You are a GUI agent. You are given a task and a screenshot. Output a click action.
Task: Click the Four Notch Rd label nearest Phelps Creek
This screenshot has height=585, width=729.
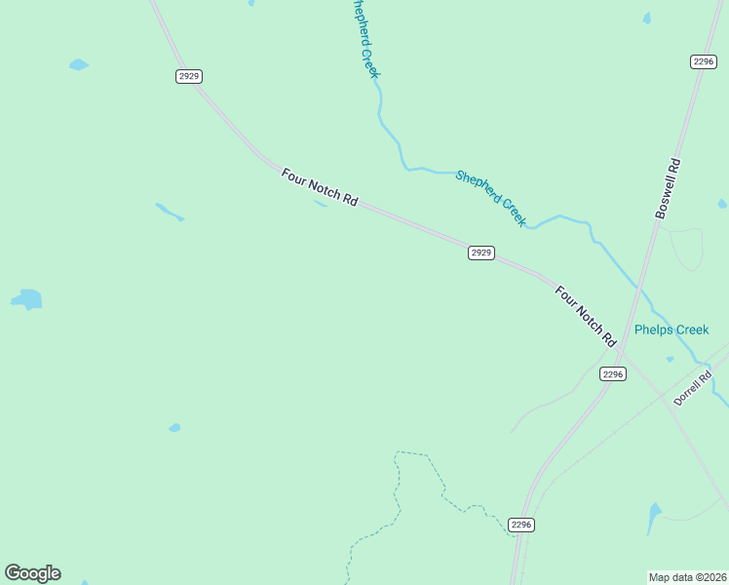pos(586,317)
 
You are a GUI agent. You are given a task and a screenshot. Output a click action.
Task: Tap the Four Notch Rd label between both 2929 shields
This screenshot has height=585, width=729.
pos(320,186)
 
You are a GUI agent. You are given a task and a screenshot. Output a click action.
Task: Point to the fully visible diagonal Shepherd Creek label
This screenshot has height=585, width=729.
pos(491,198)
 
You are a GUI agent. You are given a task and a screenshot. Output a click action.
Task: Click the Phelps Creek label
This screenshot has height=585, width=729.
pos(671,330)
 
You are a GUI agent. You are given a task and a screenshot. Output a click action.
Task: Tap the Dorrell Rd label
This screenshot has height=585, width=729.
pos(693,388)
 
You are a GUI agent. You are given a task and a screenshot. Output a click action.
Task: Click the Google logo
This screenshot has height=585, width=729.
pos(32,573)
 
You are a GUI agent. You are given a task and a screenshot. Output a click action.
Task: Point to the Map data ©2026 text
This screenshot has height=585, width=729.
pos(687,576)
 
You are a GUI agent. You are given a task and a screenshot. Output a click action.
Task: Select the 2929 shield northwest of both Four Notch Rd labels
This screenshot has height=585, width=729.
pos(189,76)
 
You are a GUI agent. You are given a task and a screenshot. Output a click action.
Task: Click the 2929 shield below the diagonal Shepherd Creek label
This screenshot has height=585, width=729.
pos(480,253)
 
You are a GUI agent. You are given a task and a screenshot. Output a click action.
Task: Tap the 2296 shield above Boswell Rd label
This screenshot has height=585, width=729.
pos(704,61)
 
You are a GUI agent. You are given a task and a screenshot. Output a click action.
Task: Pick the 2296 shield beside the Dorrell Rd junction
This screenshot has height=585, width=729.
pos(612,374)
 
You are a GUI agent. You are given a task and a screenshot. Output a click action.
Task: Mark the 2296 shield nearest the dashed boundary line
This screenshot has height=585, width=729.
pos(521,525)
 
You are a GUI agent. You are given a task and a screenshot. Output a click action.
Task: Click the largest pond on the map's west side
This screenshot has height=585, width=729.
pos(27,298)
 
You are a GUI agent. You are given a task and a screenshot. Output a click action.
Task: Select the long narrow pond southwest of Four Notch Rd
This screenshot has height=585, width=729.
pos(170,212)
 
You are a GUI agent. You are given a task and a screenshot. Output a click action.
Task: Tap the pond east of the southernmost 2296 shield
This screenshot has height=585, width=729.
pos(654,517)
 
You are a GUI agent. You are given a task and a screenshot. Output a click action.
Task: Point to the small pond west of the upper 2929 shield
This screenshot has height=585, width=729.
pos(78,65)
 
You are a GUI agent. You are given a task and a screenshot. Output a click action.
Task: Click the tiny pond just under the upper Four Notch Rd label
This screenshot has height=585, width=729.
pos(320,204)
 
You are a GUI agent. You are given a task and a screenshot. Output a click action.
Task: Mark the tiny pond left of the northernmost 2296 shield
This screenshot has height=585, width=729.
pos(646,19)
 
